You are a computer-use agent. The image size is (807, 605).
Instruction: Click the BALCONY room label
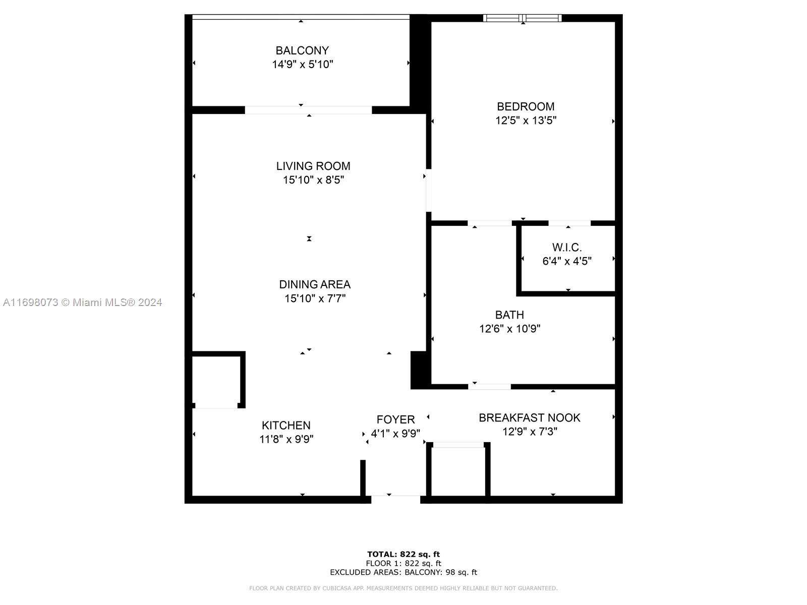(302, 50)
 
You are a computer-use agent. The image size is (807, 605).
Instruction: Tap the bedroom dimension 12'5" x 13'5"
(526, 120)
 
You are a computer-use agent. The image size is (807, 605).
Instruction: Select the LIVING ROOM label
(313, 166)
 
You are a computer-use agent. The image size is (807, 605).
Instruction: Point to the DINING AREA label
(314, 284)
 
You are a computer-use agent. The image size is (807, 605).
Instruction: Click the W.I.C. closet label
(566, 247)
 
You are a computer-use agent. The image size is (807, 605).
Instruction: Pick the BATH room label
(509, 315)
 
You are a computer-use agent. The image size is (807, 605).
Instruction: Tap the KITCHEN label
(285, 426)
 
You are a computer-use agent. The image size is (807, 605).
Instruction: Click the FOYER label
(395, 419)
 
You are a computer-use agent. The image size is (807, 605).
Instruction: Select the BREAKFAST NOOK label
(529, 417)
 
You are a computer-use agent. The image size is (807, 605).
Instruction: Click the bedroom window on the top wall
(522, 18)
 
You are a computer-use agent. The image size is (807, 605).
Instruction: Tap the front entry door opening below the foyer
(395, 499)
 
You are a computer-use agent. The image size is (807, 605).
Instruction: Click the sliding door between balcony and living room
(308, 110)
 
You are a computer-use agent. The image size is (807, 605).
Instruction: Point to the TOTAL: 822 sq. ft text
(403, 554)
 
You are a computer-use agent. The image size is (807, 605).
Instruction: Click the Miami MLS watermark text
(82, 302)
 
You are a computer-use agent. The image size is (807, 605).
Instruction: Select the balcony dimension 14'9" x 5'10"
(302, 65)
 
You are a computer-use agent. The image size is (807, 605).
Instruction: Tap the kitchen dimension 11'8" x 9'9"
(286, 439)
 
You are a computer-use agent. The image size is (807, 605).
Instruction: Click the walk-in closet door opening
(569, 223)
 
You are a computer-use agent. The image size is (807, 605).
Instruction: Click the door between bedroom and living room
(429, 190)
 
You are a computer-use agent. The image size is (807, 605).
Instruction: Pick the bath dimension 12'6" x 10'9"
(509, 328)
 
